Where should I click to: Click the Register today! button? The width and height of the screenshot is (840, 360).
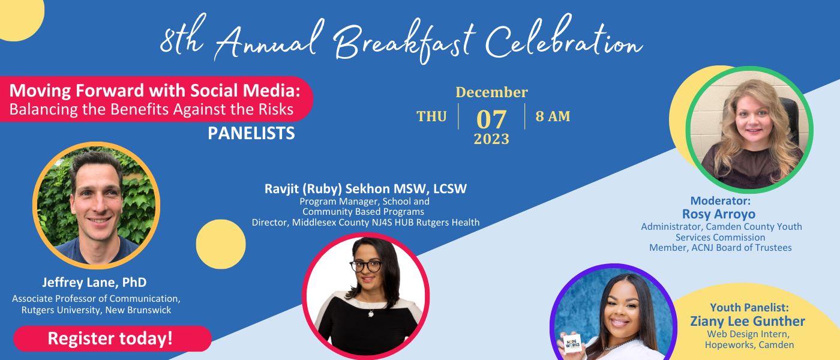click(x=113, y=338)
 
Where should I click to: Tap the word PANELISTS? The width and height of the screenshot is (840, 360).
click(x=251, y=133)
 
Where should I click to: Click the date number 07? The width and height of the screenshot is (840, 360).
click(x=491, y=119)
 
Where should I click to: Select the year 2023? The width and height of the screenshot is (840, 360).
click(x=491, y=139)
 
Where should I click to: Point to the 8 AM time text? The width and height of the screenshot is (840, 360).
click(x=553, y=116)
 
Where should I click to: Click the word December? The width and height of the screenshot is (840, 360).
click(x=491, y=92)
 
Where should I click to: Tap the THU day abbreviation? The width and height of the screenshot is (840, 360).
click(x=431, y=116)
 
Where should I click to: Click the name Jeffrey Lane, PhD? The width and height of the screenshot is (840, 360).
click(x=94, y=283)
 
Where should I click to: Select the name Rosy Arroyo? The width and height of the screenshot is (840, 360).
click(x=719, y=214)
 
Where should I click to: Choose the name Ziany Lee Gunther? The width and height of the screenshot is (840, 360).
click(x=748, y=322)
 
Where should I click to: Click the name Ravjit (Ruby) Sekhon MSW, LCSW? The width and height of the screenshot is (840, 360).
click(x=365, y=188)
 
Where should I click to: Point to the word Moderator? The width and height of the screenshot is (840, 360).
click(x=721, y=201)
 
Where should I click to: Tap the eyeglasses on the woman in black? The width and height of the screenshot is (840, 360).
click(x=365, y=266)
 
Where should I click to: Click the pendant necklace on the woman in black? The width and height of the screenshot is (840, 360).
click(x=371, y=314)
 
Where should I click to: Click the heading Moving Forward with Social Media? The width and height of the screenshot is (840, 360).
click(x=155, y=91)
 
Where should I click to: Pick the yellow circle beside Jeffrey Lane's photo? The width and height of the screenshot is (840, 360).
click(x=221, y=244)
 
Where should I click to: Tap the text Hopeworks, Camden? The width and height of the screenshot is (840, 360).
click(x=749, y=345)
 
